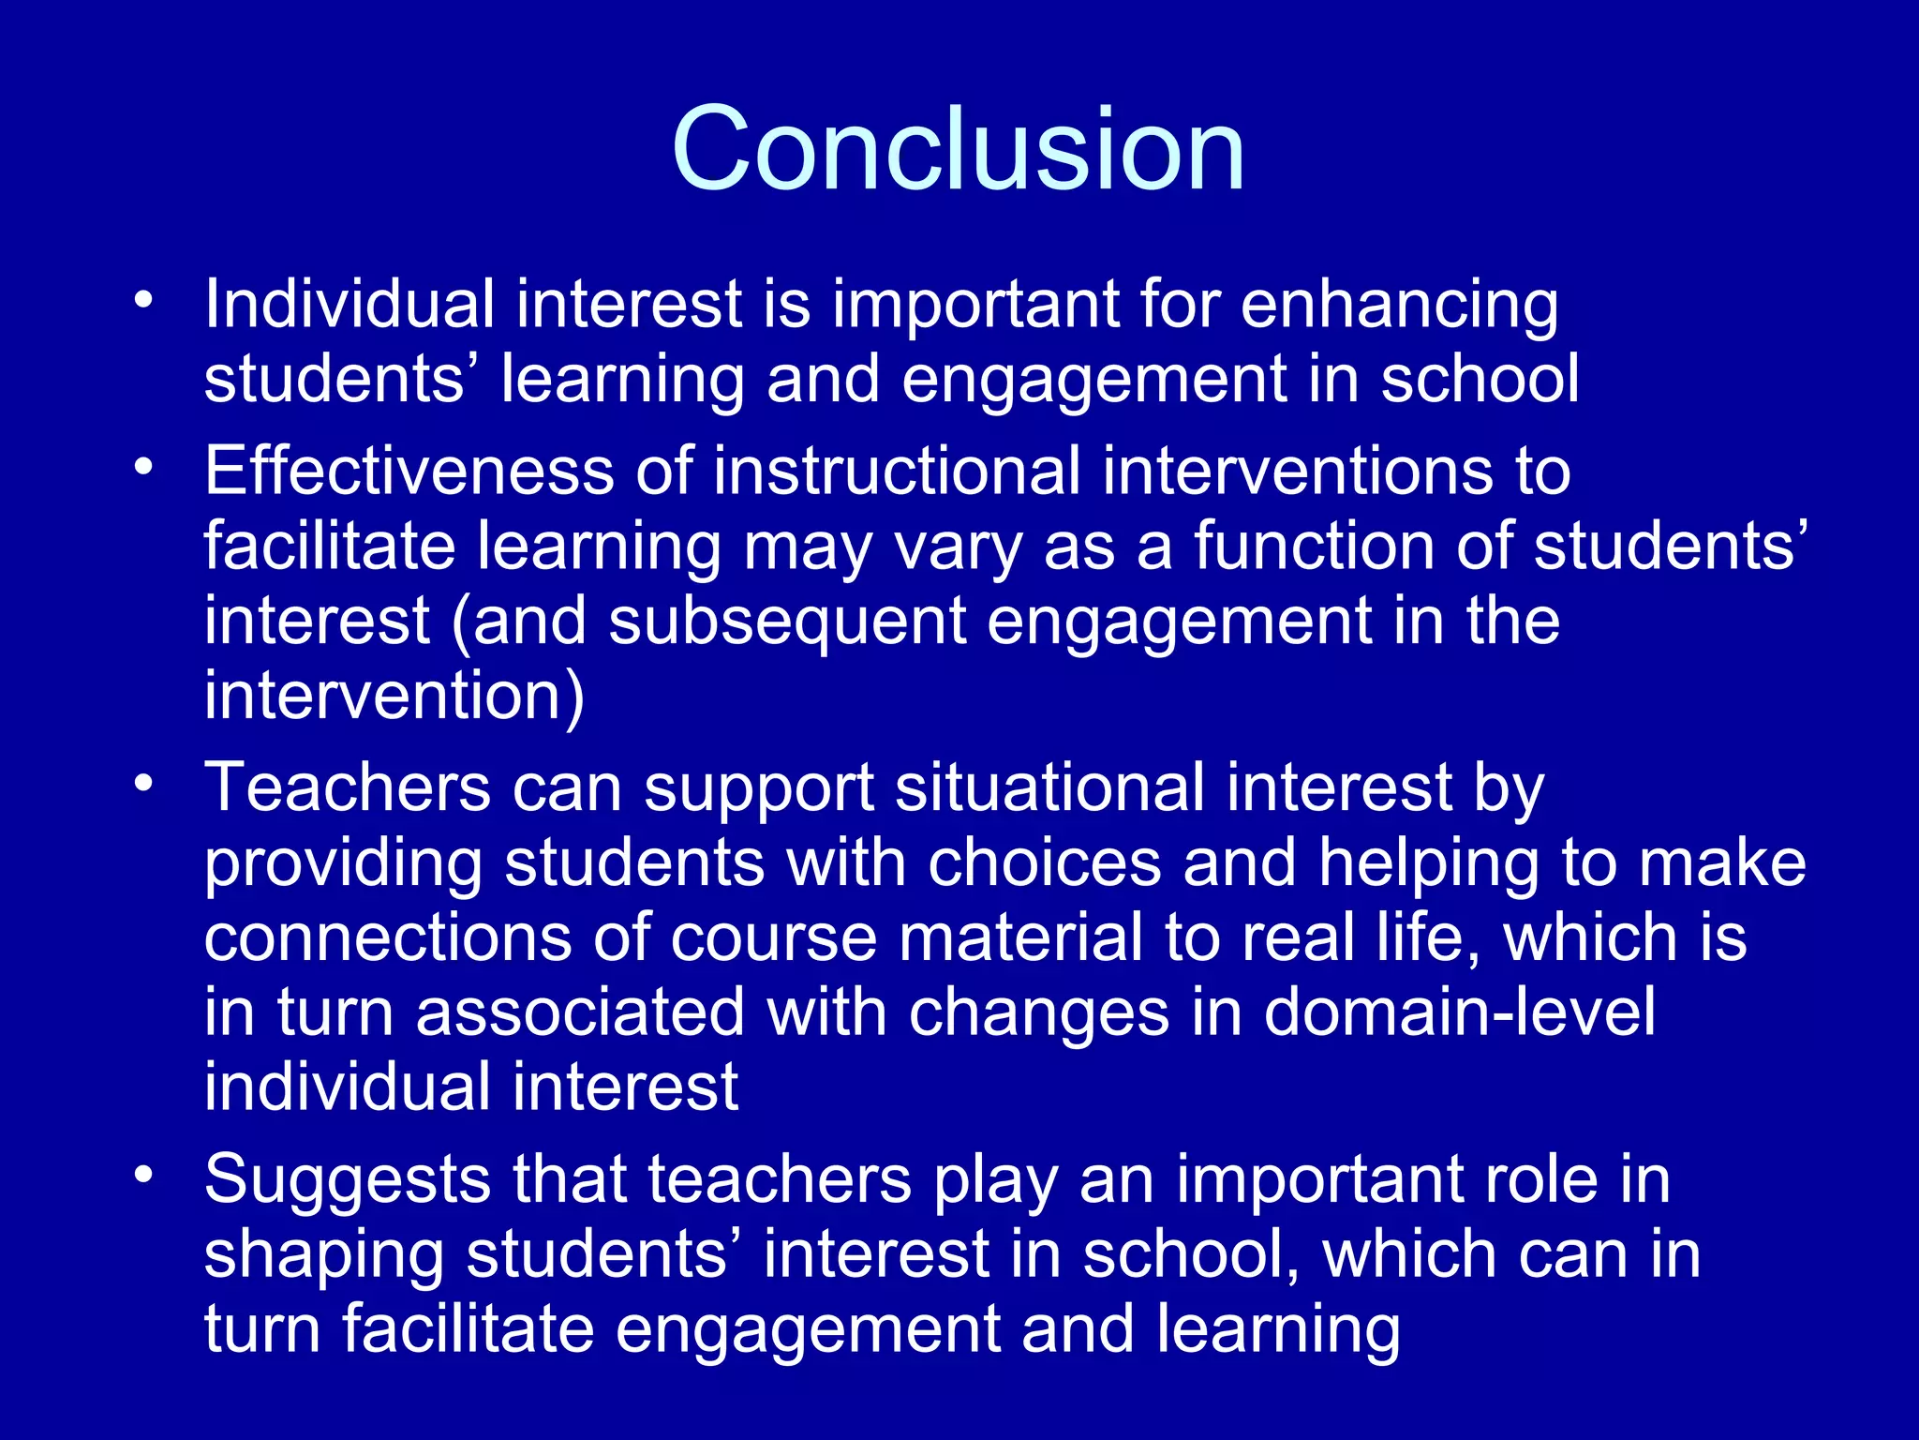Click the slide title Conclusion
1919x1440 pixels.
(958, 150)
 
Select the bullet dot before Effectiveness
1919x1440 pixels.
(142, 466)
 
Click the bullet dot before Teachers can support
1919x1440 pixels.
(142, 783)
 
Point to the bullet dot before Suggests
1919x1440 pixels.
(142, 1175)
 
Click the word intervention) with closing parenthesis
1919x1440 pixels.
(394, 697)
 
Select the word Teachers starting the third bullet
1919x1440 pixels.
(347, 787)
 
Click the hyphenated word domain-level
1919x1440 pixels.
(1459, 1012)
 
